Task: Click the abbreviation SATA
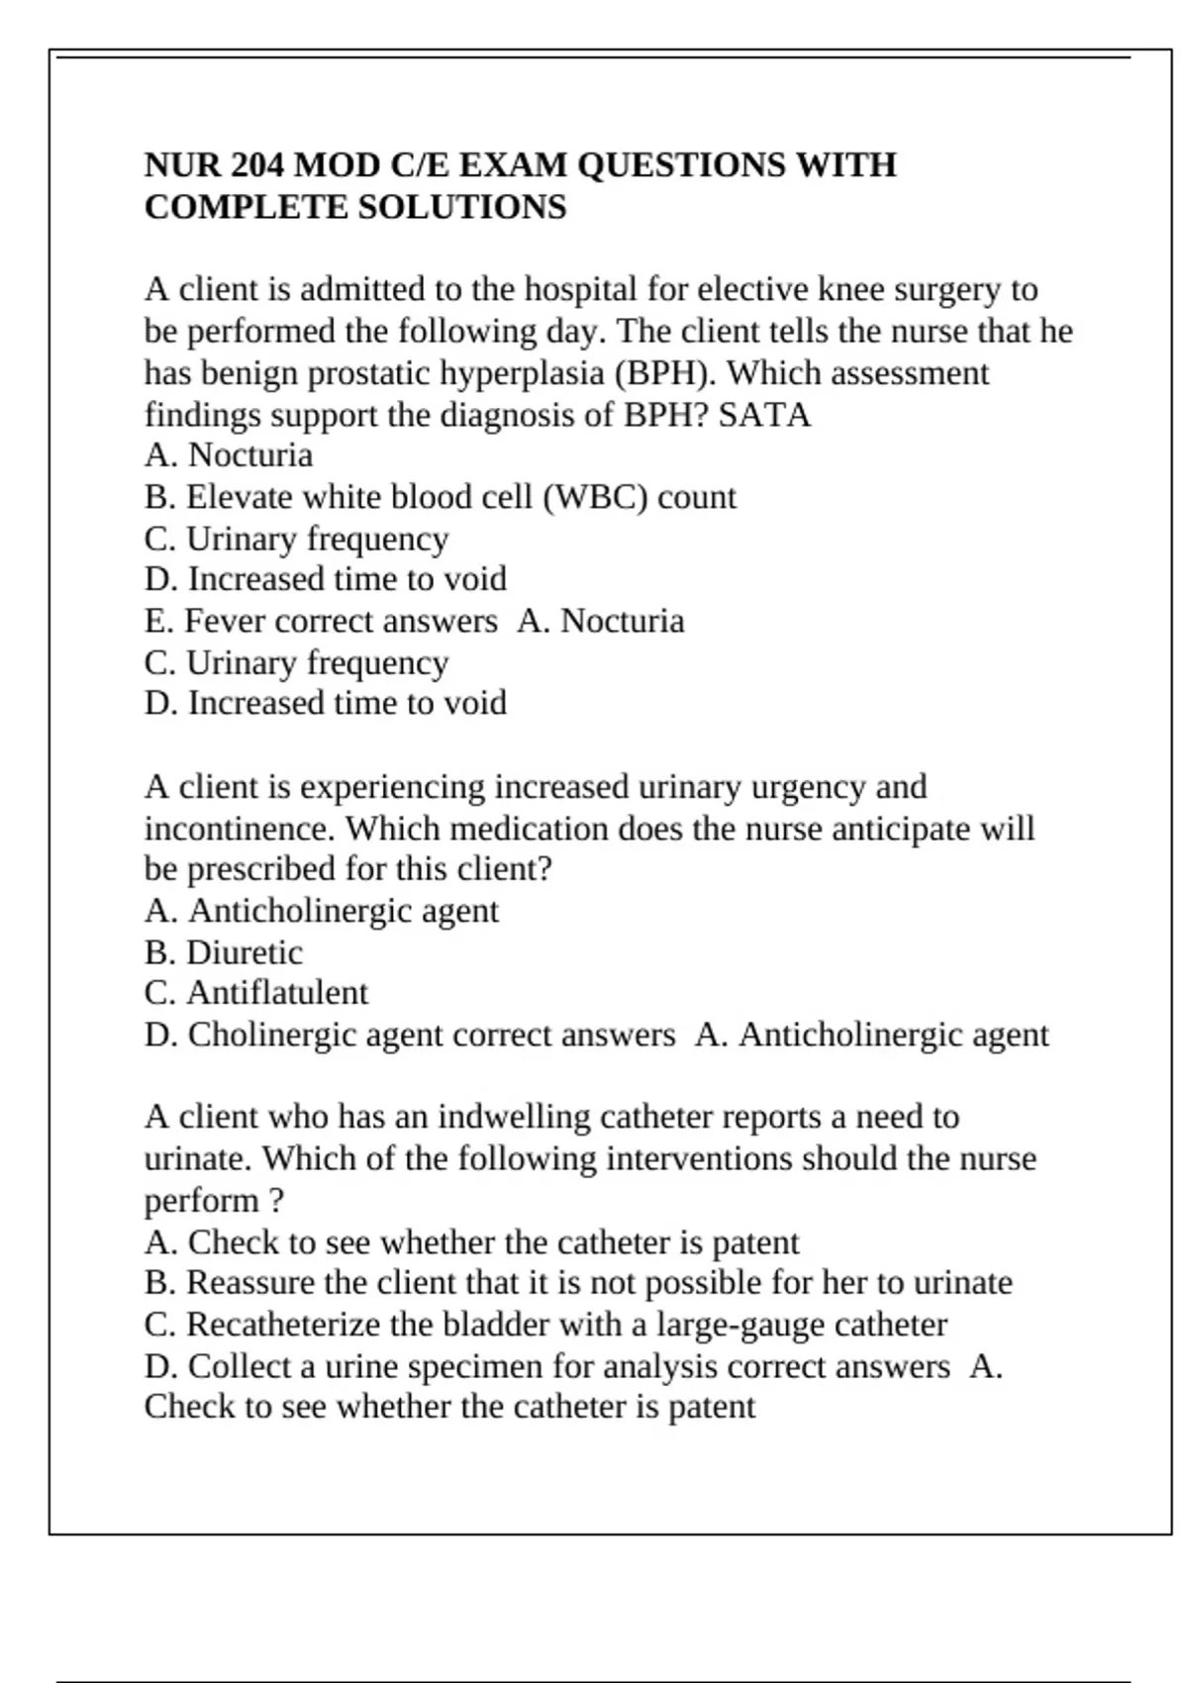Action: [764, 415]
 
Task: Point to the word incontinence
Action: [239, 828]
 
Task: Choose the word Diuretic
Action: [245, 952]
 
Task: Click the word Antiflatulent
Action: [277, 993]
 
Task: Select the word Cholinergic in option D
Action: [272, 1035]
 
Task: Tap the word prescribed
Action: [261, 869]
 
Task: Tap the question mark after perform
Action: [275, 1201]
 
